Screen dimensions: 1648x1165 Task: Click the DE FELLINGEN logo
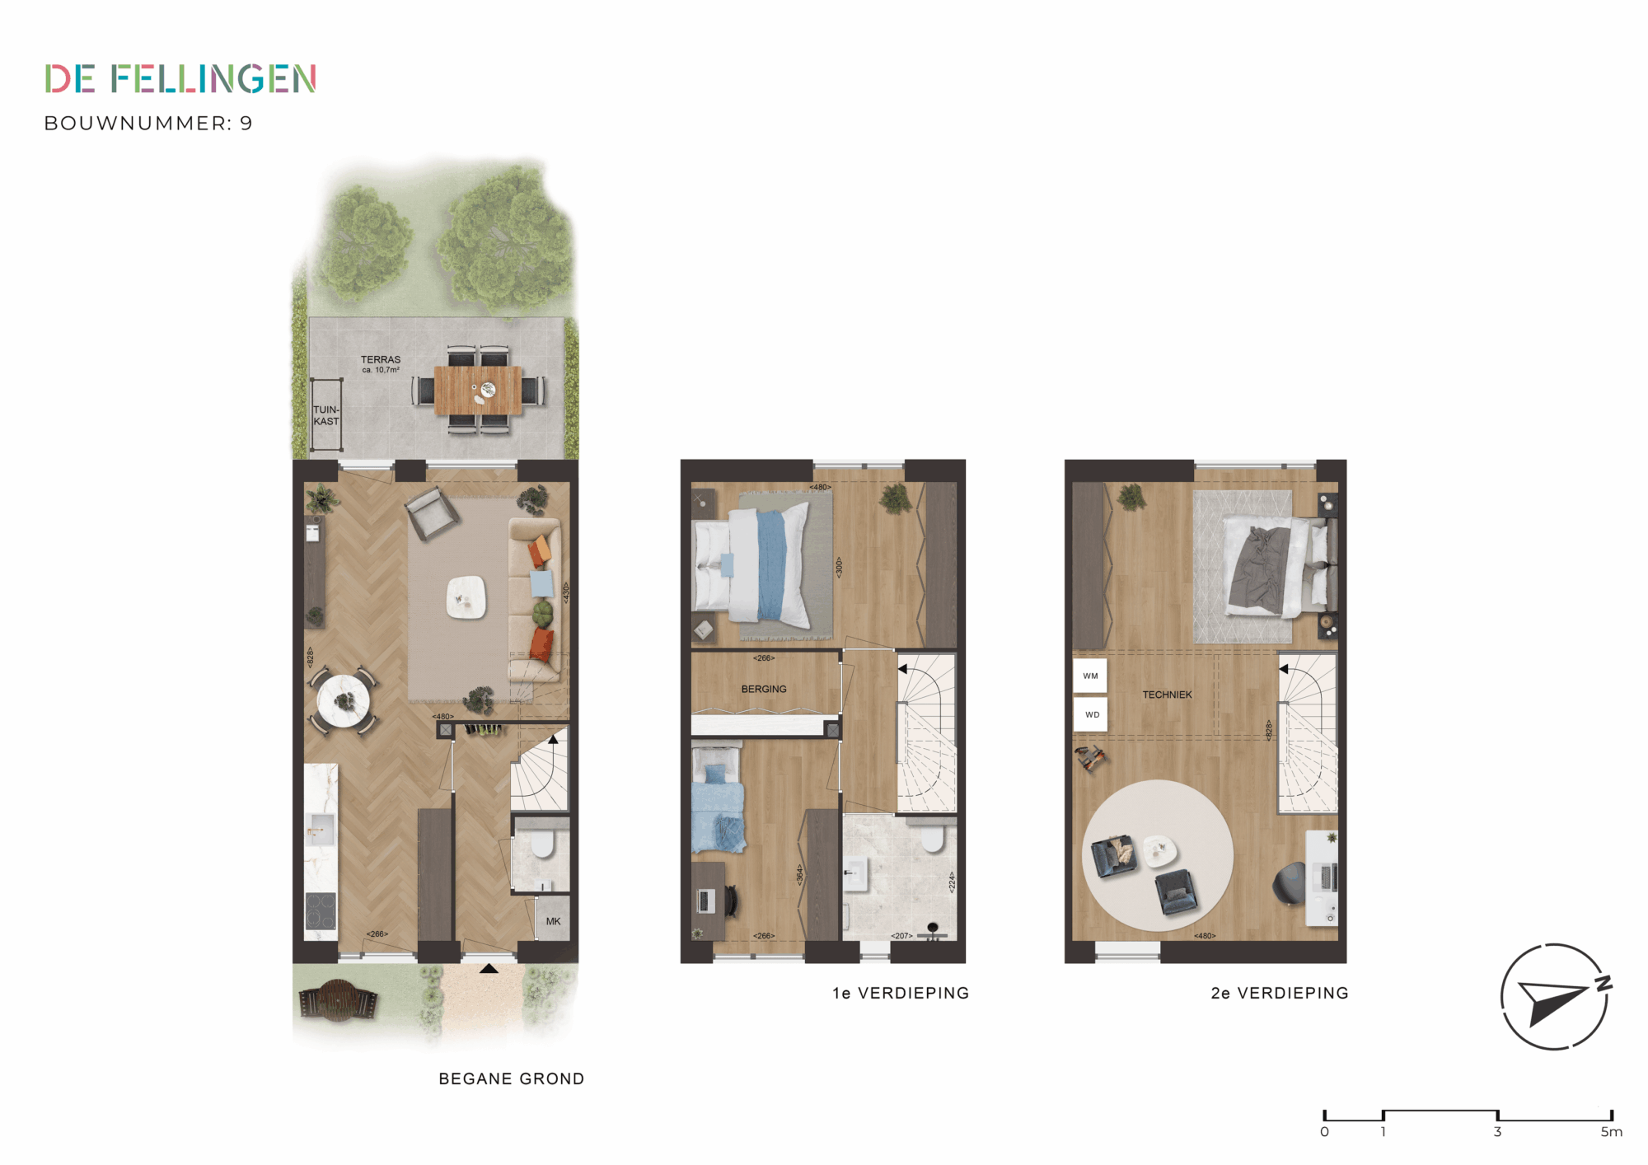coord(180,79)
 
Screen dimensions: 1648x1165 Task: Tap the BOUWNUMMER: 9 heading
coord(148,124)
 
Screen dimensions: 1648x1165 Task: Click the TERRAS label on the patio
coord(381,360)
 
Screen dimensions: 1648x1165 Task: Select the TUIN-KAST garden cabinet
coord(326,415)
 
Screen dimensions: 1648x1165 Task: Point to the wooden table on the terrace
coord(478,391)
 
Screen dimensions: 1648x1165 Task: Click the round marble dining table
coord(344,701)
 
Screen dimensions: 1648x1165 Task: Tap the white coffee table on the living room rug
coord(466,597)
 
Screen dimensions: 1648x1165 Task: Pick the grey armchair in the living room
coord(432,512)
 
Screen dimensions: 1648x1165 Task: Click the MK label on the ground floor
coord(553,921)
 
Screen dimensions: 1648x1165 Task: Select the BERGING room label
coord(764,689)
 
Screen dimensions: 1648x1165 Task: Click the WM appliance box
coord(1090,676)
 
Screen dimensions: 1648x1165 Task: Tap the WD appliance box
coord(1091,714)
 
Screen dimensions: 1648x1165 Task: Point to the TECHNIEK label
coord(1167,695)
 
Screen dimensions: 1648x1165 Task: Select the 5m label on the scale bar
coord(1612,1132)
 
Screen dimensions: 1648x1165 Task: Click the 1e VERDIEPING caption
coord(901,993)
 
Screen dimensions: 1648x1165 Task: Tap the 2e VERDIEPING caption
coord(1280,993)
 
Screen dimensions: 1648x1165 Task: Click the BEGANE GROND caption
coord(512,1078)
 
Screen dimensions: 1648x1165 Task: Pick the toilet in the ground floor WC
coord(542,843)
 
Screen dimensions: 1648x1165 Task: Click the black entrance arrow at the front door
coord(489,969)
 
